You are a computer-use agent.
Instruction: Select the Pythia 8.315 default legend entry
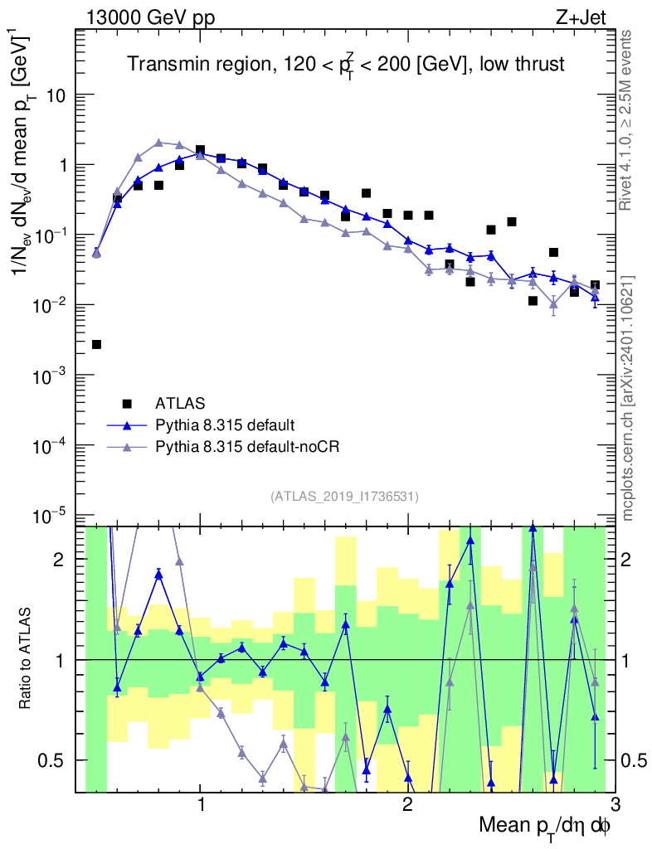[224, 425]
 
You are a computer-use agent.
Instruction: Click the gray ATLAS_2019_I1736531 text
[344, 497]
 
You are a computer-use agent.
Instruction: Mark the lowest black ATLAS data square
[97, 344]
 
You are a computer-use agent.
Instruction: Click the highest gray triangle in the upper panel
[159, 143]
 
